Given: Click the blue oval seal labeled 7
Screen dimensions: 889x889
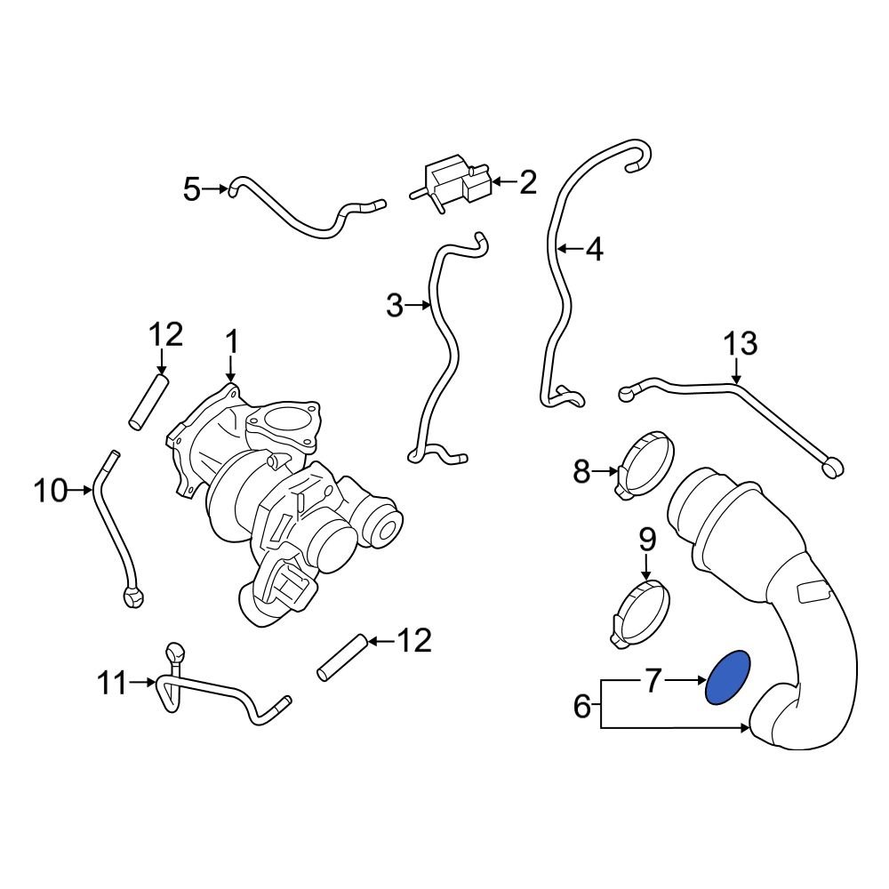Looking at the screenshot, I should point(727,677).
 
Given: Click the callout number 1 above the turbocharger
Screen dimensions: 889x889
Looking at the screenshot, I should point(231,342).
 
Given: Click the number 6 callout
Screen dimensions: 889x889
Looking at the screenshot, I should point(582,708).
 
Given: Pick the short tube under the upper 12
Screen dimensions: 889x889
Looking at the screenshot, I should point(148,402).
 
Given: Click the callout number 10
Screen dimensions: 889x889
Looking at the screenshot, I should point(52,489).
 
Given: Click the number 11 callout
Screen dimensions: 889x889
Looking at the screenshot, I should point(113,684).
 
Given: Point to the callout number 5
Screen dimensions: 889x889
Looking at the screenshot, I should point(192,188).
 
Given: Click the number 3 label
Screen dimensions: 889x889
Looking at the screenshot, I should point(396,307).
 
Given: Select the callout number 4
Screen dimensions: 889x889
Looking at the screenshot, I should point(594,250).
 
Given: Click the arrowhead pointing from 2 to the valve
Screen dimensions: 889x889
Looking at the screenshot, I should point(497,182).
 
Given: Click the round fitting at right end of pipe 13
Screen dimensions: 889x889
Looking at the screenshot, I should point(834,466).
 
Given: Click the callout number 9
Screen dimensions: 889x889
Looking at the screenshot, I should point(646,539).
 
